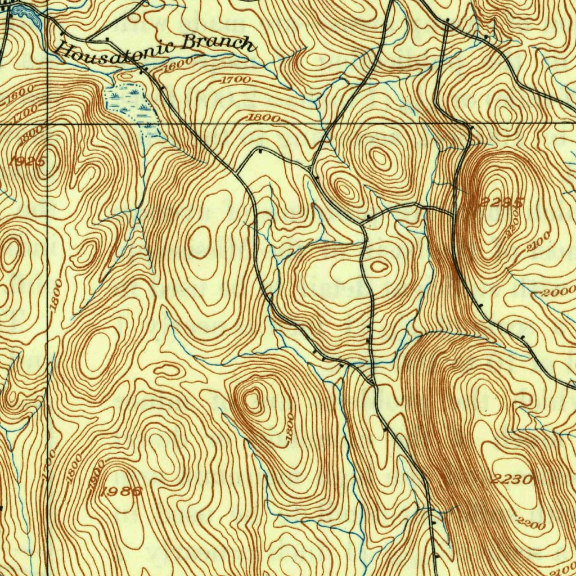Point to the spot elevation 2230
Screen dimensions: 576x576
coord(511,480)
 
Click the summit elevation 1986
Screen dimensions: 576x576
coord(122,491)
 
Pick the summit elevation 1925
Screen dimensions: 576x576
coord(27,162)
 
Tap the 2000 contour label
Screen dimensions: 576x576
coord(559,292)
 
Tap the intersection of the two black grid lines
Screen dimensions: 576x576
coord(47,123)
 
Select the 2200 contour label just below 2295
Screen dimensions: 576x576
coord(512,226)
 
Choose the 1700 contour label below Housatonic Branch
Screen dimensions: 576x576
coord(235,80)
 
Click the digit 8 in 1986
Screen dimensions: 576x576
coord(129,491)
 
